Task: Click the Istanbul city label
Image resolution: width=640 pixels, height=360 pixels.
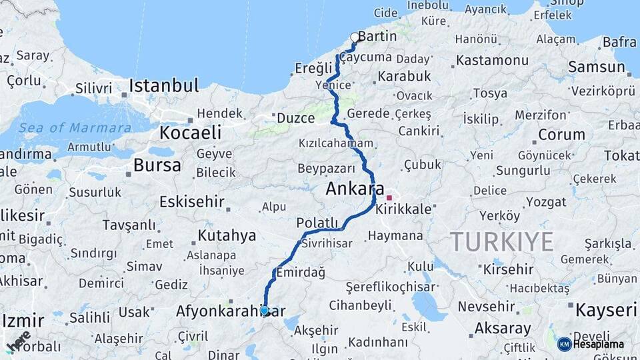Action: point(163,86)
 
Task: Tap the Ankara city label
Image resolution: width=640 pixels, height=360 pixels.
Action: point(355,189)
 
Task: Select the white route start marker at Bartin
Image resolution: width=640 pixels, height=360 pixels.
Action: point(355,37)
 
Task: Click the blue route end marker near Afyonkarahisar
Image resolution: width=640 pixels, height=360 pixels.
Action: point(265,310)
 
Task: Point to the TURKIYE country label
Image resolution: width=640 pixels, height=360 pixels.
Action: point(501,241)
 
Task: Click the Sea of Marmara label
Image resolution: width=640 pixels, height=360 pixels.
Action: point(75,128)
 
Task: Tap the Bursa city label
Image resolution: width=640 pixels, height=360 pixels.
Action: point(157,165)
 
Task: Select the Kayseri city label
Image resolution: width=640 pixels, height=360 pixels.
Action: point(605,310)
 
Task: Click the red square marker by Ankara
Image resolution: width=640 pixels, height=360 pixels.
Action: point(389,198)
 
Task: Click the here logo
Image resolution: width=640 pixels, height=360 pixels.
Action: point(19,342)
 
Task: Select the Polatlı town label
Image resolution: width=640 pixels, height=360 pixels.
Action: point(318,223)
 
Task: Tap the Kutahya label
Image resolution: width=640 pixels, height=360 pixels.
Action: point(227,235)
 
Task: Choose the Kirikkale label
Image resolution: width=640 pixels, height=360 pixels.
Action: point(403,209)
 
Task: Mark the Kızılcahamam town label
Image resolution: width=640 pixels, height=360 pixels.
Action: point(337,143)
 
